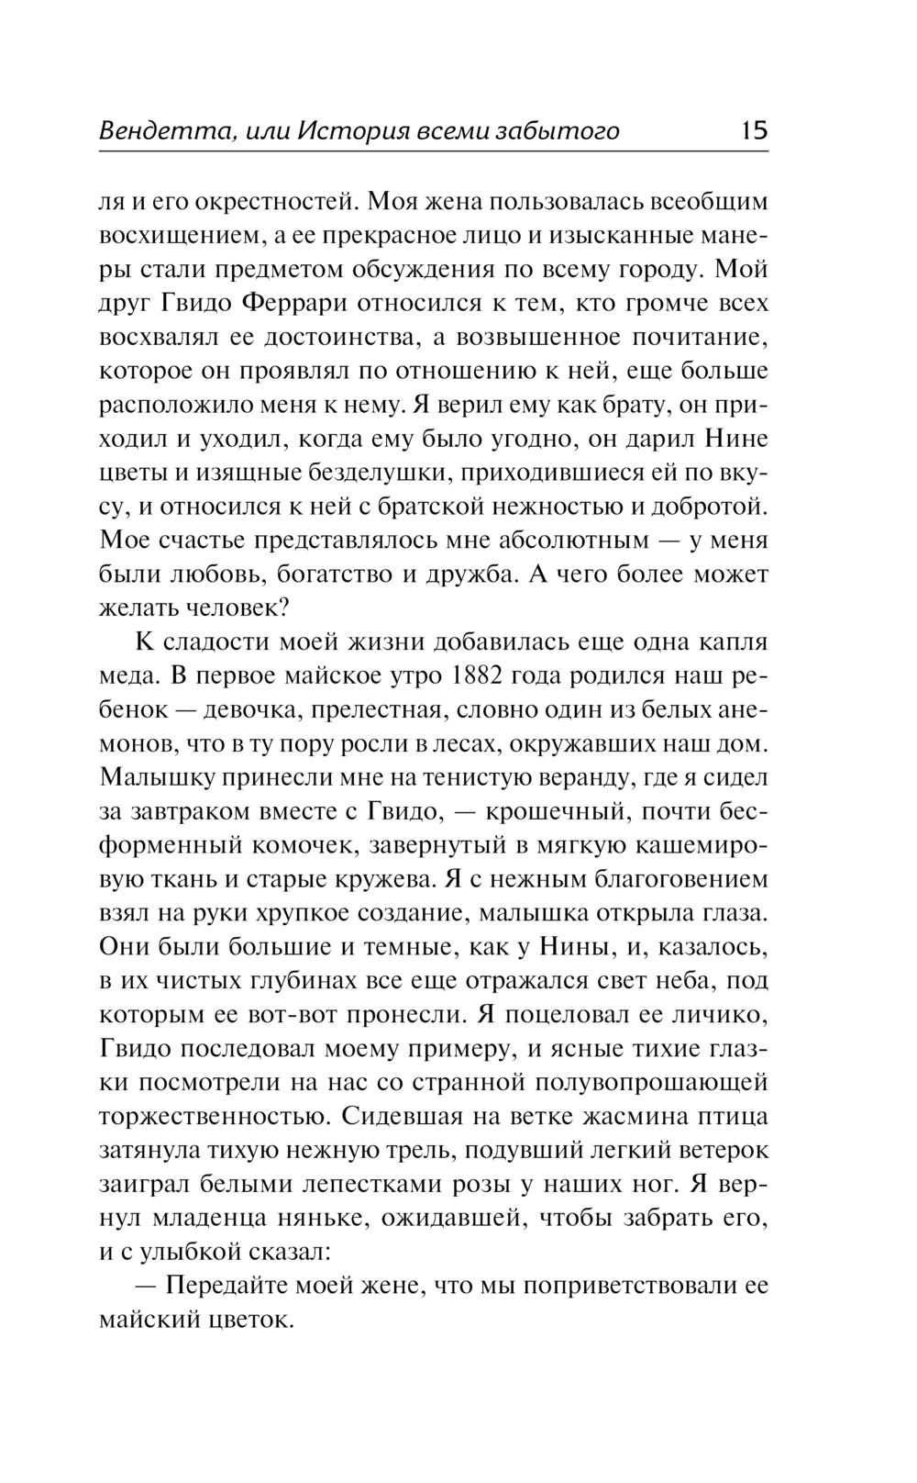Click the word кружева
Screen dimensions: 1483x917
[383, 879]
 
